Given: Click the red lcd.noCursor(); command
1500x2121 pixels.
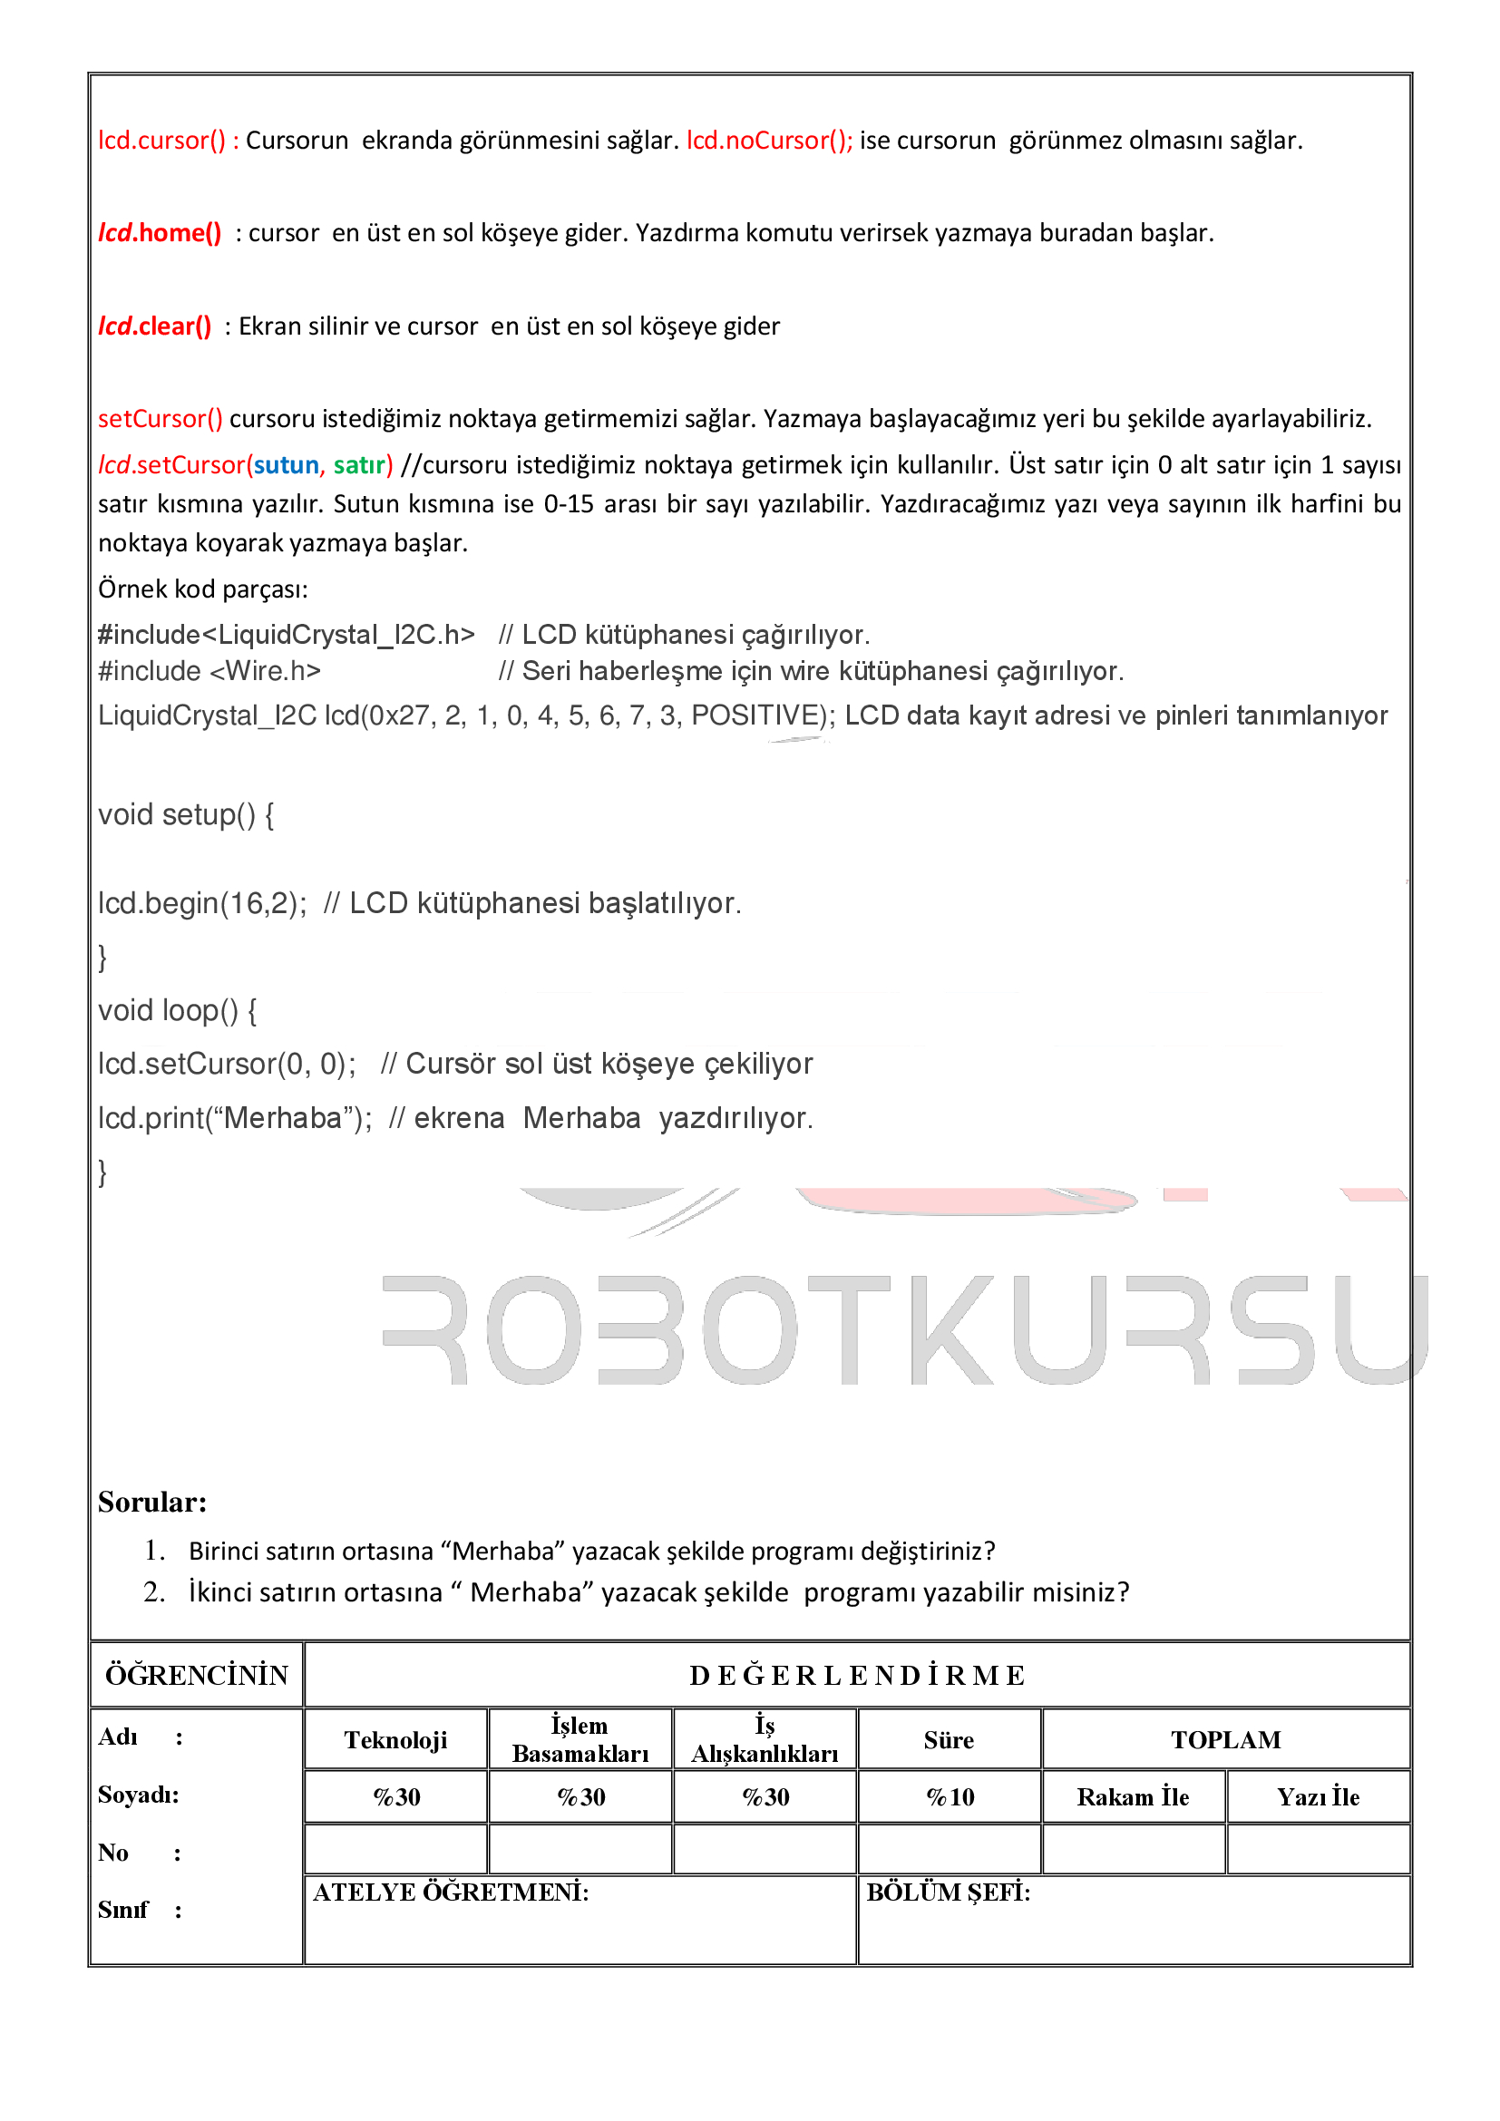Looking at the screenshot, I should [x=768, y=141].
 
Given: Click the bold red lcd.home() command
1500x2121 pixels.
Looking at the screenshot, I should [x=160, y=233].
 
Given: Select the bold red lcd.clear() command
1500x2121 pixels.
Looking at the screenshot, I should [x=155, y=326].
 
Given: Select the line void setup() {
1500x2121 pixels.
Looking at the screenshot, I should [x=186, y=815].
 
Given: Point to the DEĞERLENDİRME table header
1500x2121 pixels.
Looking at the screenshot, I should [x=856, y=1676].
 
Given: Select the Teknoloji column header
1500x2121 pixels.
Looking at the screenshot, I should [x=395, y=1740].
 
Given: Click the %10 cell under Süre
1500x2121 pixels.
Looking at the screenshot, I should [x=950, y=1796].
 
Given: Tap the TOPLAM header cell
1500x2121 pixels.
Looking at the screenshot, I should [x=1226, y=1740].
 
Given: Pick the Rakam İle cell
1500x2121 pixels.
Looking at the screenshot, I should [x=1133, y=1796].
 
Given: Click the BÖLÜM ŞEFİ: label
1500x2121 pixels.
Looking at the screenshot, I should [x=948, y=1892].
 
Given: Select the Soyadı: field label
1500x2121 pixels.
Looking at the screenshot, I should [x=139, y=1795].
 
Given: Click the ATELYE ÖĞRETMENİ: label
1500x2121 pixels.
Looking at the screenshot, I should [x=451, y=1892].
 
